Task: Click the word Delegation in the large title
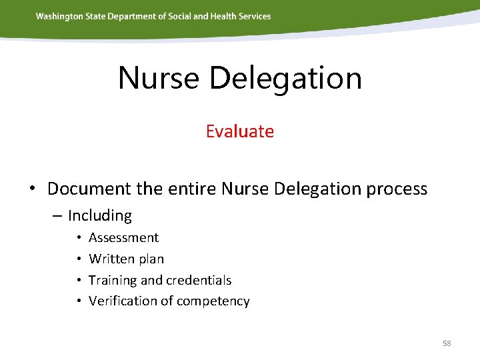(285, 79)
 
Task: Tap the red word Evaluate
(239, 131)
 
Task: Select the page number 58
(447, 343)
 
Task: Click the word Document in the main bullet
(89, 189)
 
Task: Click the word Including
(100, 215)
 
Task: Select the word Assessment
(123, 237)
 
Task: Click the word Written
(109, 259)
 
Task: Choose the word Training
(114, 280)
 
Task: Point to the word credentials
(199, 280)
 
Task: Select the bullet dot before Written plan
(78, 259)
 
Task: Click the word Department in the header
(121, 16)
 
